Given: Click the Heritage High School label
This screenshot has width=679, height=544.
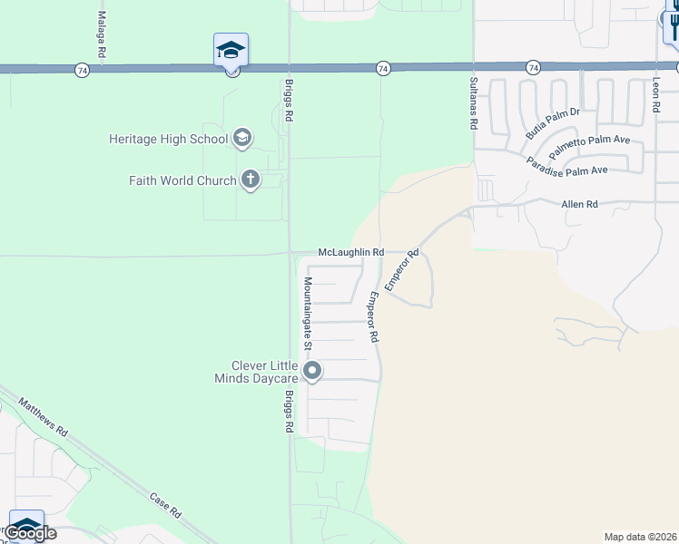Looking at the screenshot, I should pyautogui.click(x=168, y=139).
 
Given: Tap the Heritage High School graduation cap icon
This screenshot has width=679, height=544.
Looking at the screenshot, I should pyautogui.click(x=241, y=138).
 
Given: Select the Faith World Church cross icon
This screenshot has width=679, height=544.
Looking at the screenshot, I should pyautogui.click(x=251, y=180).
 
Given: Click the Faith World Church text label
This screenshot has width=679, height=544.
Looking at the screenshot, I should pyautogui.click(x=182, y=180).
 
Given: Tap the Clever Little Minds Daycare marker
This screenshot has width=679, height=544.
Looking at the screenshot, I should pyautogui.click(x=312, y=370).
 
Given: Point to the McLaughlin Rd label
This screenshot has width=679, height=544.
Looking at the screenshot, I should pyautogui.click(x=351, y=252).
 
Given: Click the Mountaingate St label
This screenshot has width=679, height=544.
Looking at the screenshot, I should pyautogui.click(x=308, y=313).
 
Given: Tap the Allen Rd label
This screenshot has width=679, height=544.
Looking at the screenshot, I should pyautogui.click(x=579, y=205).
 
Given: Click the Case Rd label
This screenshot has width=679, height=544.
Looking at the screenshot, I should pyautogui.click(x=165, y=505).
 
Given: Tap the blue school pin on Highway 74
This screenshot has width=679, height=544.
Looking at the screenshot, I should pyautogui.click(x=231, y=49).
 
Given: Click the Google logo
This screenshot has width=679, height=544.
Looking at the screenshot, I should pyautogui.click(x=31, y=533).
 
